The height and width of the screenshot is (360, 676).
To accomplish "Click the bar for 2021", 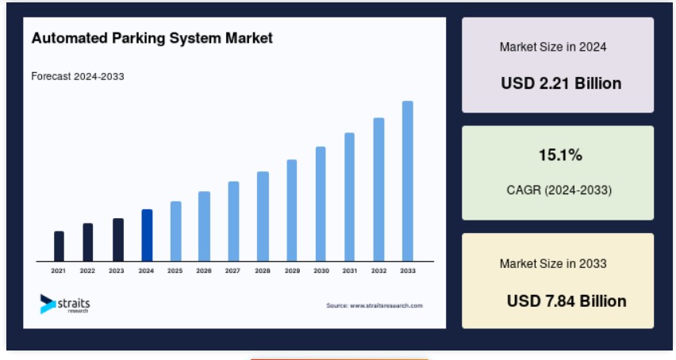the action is (59, 247).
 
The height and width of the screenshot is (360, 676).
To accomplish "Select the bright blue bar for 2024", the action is (147, 236).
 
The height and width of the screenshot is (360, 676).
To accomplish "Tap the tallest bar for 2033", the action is (407, 181).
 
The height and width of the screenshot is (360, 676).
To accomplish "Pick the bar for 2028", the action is (263, 216).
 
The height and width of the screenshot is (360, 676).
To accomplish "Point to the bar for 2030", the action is (321, 204).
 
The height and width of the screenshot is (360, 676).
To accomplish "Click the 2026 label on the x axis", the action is (204, 270).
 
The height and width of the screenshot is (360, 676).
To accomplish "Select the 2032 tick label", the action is (379, 270).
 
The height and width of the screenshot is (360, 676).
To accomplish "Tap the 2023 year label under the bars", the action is (117, 270).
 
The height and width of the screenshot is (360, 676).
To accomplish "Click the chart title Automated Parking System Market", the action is (152, 38).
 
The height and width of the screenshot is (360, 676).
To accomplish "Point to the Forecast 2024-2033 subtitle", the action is (78, 76).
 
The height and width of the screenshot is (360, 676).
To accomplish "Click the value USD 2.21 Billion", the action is (561, 83).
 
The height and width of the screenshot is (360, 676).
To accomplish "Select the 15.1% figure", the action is (560, 155).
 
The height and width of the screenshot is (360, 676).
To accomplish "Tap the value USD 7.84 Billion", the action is (567, 301).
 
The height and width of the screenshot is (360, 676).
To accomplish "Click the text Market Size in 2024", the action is (553, 47).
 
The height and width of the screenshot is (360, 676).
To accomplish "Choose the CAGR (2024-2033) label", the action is (559, 190).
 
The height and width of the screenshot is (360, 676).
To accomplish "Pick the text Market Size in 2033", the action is (553, 263).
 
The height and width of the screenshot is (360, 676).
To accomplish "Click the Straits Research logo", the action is (65, 304).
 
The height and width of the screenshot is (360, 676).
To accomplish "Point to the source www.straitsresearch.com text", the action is (374, 306).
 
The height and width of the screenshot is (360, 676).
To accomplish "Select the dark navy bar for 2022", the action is (88, 243).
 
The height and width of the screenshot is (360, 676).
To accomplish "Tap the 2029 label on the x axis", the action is (292, 270).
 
